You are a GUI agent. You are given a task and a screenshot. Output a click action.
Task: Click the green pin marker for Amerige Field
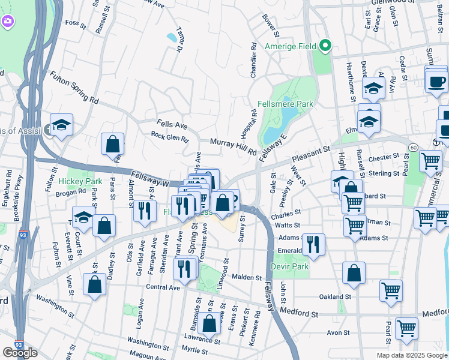coord(325,46)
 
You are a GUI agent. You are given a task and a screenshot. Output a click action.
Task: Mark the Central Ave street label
coord(163,287)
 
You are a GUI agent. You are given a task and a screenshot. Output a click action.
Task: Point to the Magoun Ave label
coord(145,356)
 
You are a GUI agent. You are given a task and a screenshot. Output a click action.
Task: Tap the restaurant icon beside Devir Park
coord(313,244)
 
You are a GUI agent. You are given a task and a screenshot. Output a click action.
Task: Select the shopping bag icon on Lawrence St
coord(209,325)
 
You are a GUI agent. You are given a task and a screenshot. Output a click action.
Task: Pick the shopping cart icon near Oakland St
coord(391,290)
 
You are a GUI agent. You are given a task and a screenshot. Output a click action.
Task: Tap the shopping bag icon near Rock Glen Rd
coord(113,144)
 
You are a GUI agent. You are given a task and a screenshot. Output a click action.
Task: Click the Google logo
coord(20,353)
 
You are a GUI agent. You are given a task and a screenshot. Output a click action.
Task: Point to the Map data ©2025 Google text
coord(412,355)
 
